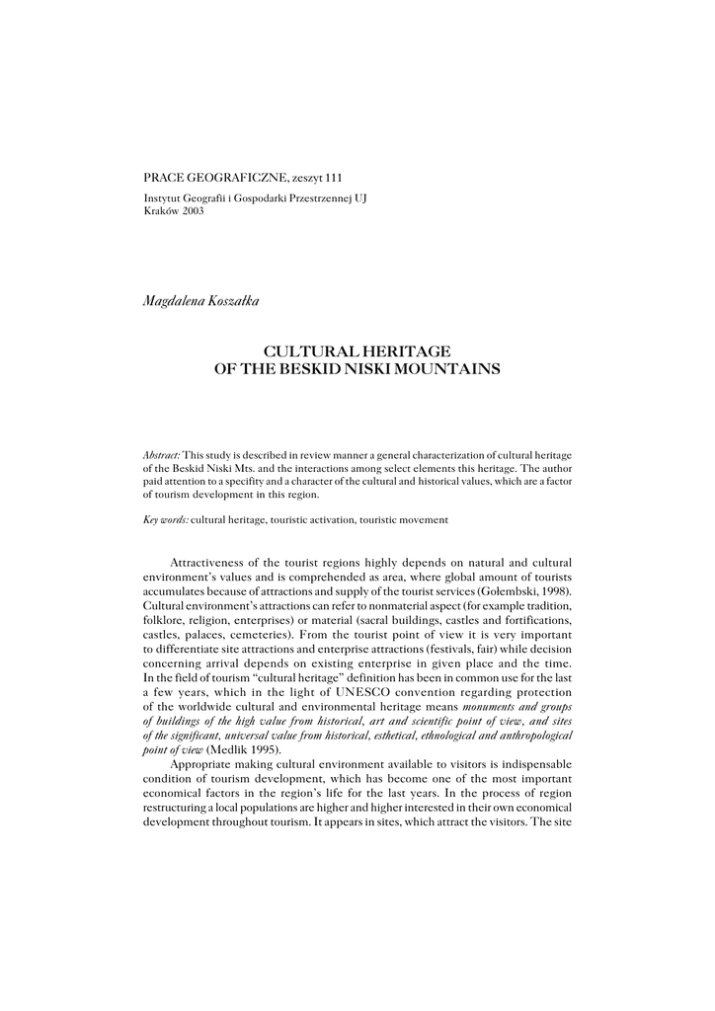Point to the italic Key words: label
click(x=165, y=518)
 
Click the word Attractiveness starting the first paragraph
click(x=217, y=560)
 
